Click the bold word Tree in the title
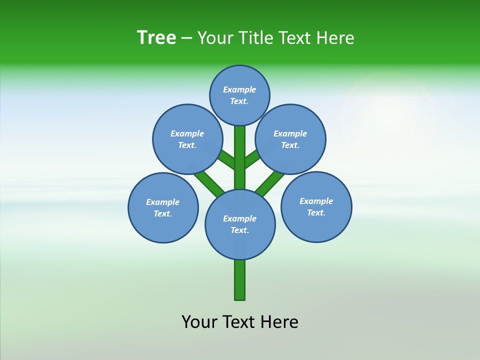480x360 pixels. coord(156,38)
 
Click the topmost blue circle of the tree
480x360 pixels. coord(239,95)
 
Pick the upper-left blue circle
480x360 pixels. coord(187,139)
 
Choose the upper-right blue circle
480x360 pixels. coord(290,139)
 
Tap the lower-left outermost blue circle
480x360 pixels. coord(163,207)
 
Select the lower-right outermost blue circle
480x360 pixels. coord(316,206)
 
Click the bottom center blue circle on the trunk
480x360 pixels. coord(240,224)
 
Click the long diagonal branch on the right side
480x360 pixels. coord(270,182)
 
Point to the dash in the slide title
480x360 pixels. coord(186,38)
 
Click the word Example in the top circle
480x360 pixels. coord(239,89)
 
